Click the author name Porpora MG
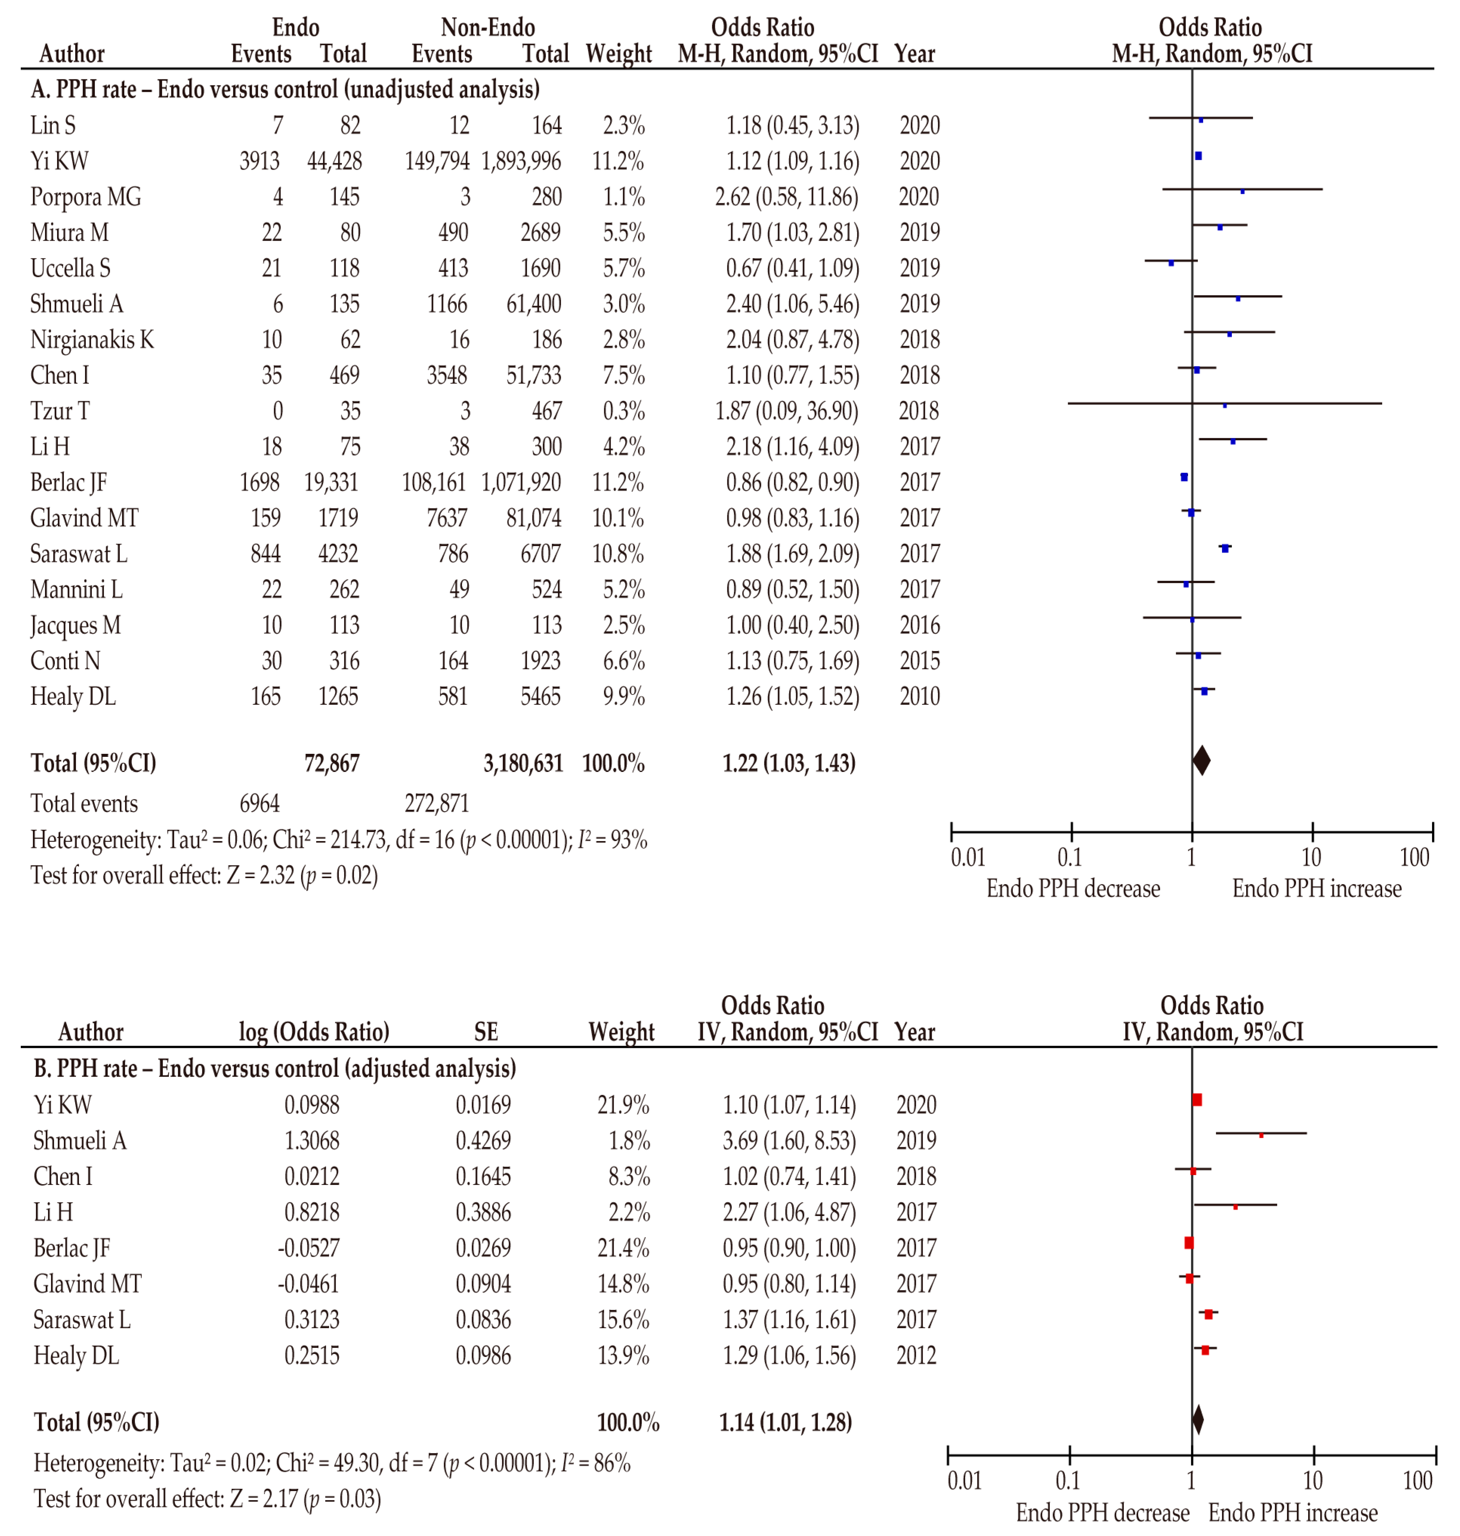point(86,197)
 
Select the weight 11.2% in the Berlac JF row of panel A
point(618,483)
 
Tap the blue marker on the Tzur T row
point(1224,405)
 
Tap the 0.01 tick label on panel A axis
point(968,858)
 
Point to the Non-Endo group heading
point(488,28)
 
